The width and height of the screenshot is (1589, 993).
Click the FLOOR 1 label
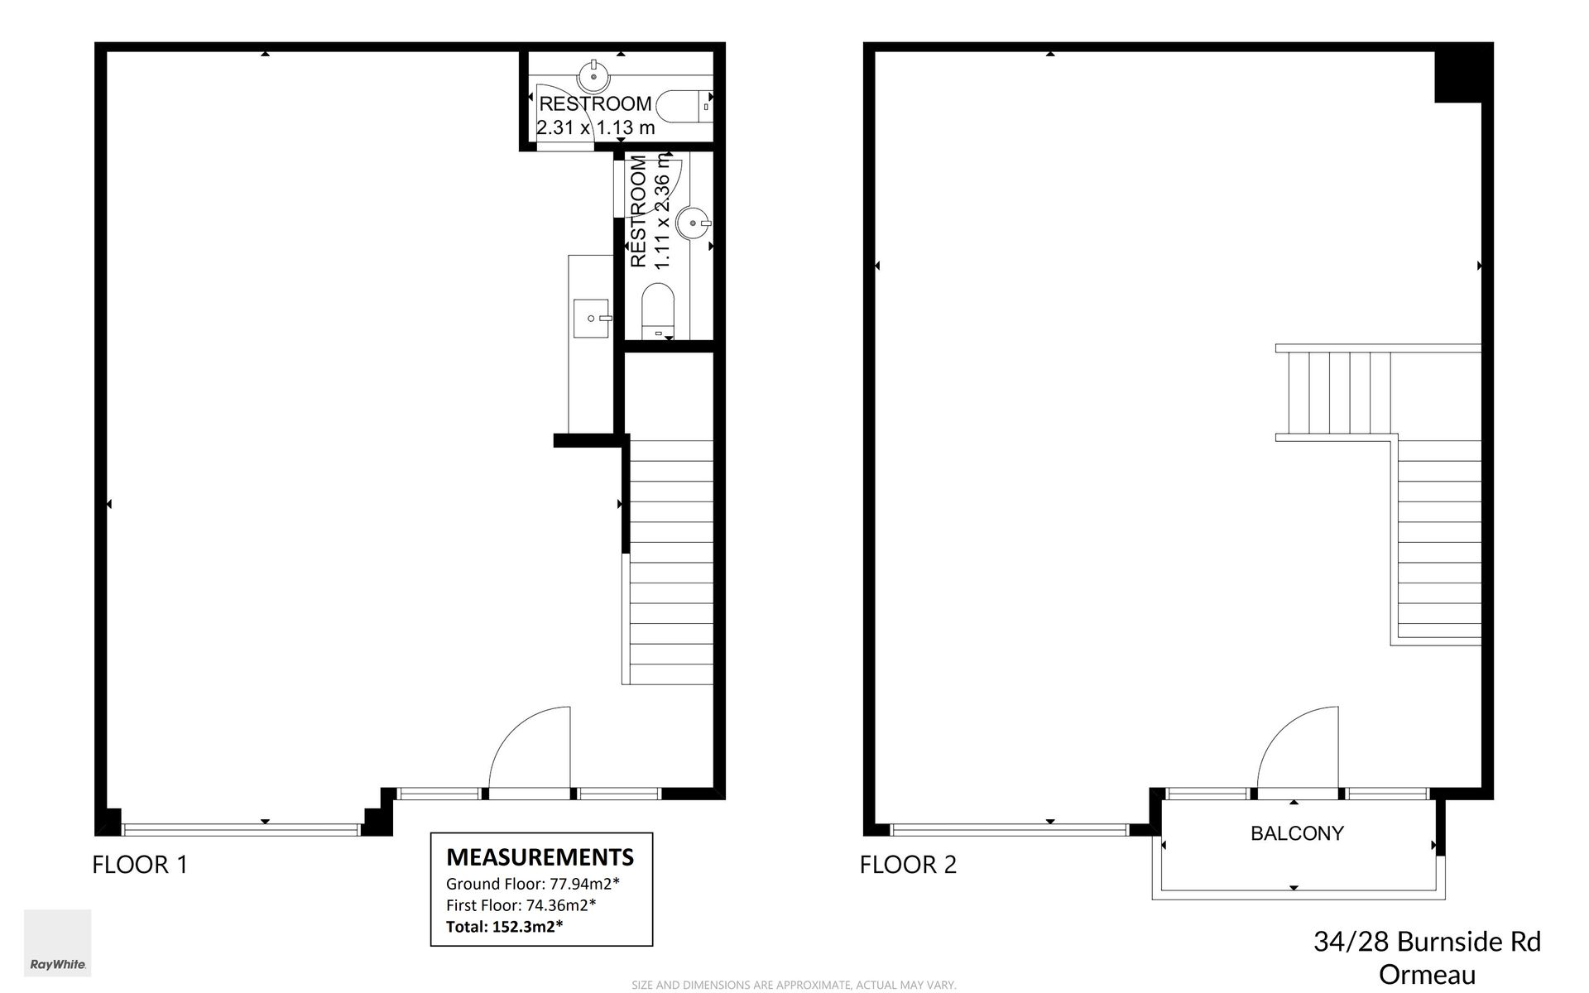pos(140,865)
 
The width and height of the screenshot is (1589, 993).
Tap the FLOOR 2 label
pos(908,865)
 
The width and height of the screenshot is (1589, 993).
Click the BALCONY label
pos(1297,833)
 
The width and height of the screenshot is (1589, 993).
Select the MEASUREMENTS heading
pos(540,856)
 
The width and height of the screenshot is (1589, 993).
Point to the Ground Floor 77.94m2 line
pos(533,883)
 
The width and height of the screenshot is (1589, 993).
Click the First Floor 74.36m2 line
pos(521,904)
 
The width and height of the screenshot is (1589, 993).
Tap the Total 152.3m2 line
pos(505,926)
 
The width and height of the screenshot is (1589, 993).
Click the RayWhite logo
pos(57,943)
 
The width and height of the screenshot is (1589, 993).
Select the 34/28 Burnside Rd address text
pos(1427,942)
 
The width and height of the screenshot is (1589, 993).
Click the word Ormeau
pos(1427,975)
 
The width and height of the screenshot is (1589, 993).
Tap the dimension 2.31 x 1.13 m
pos(596,127)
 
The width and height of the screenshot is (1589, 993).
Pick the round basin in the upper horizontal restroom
pos(593,76)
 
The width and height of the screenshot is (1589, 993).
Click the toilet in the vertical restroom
pos(658,311)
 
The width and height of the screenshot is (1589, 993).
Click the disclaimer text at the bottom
pos(794,985)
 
